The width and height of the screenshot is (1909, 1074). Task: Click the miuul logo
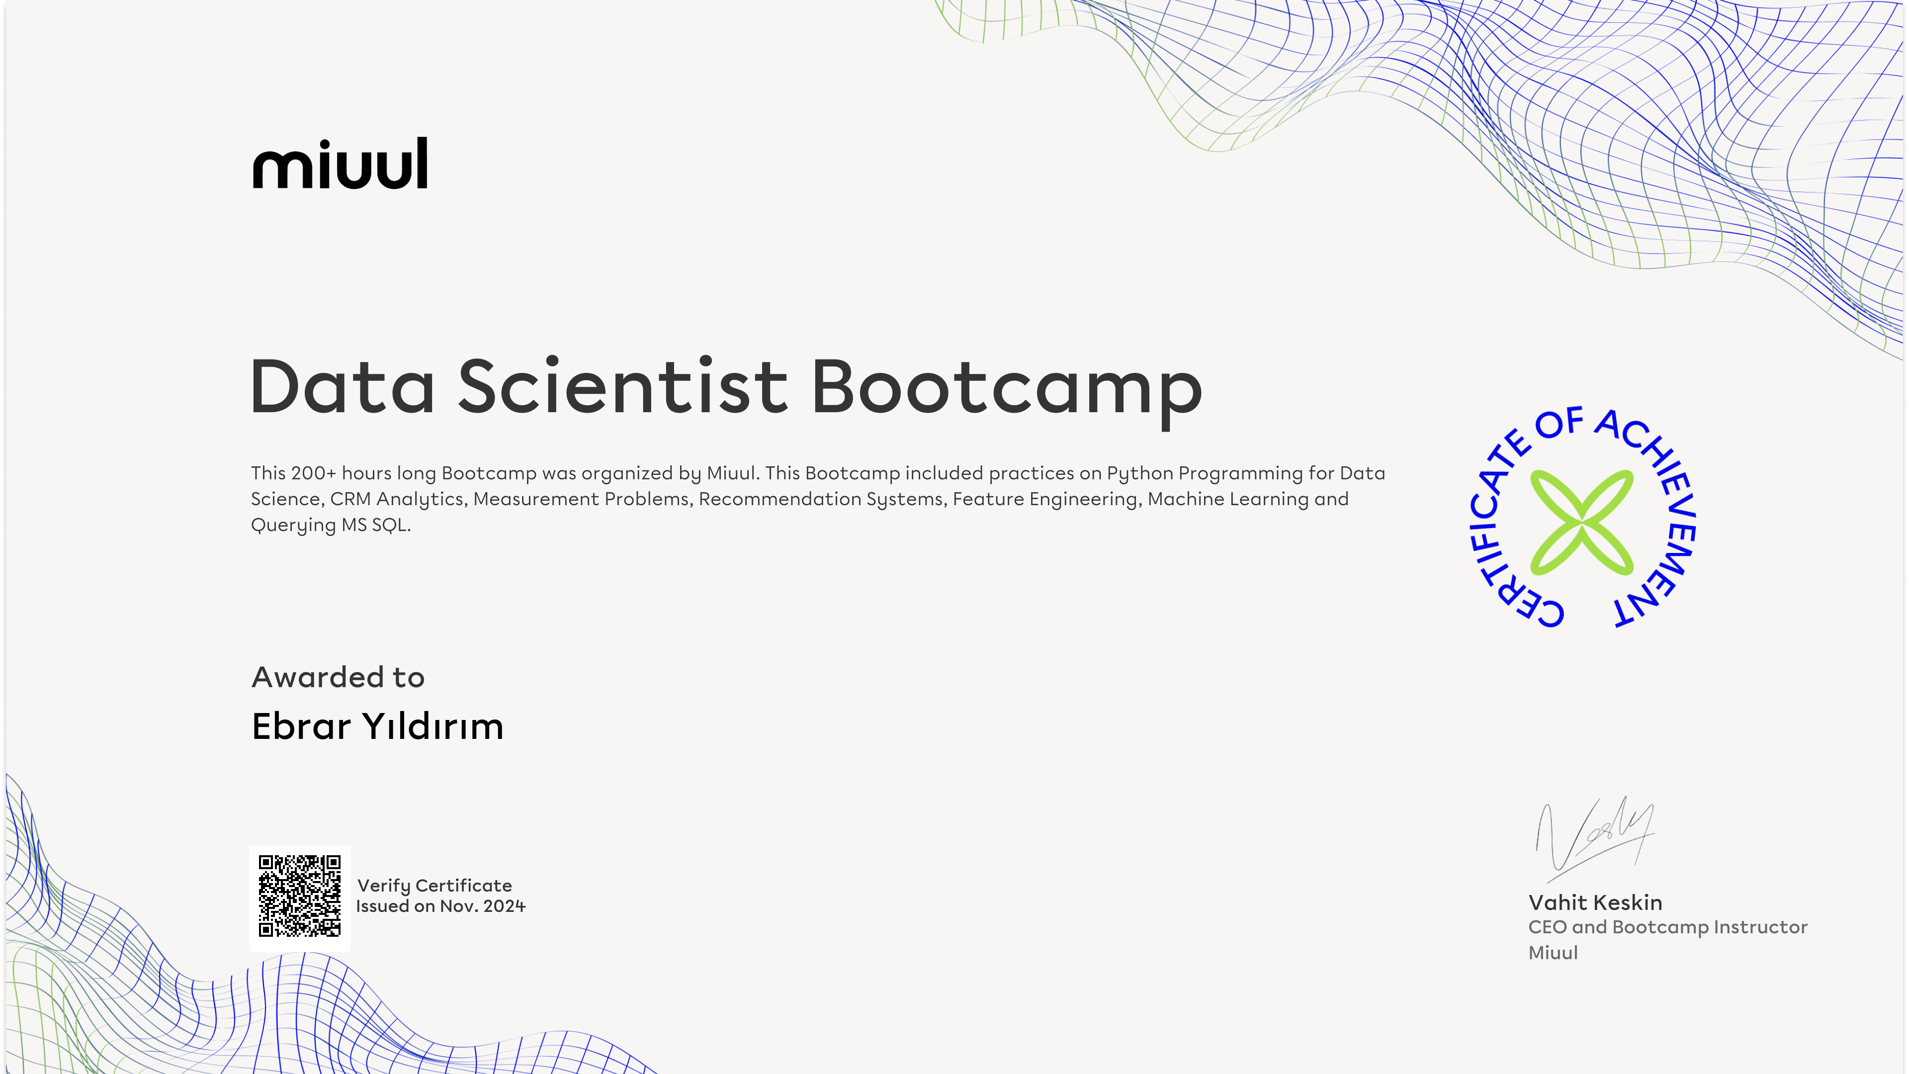[x=340, y=163]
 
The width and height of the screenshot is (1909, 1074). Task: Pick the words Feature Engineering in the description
[x=1045, y=499]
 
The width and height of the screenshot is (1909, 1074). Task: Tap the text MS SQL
[x=376, y=525]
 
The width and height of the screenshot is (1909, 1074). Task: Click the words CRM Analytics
[x=398, y=499]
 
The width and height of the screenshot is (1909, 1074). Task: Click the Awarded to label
[x=338, y=677]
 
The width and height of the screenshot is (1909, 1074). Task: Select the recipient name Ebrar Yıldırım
[x=378, y=725]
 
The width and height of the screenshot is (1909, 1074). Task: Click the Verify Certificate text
[x=434, y=886]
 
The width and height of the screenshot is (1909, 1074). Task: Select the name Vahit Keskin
[x=1595, y=902]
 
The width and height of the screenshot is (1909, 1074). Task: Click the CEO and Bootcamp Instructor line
[x=1667, y=927]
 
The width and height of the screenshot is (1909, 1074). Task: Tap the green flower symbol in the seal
[x=1581, y=523]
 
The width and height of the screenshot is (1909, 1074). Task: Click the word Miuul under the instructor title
[x=1553, y=953]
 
